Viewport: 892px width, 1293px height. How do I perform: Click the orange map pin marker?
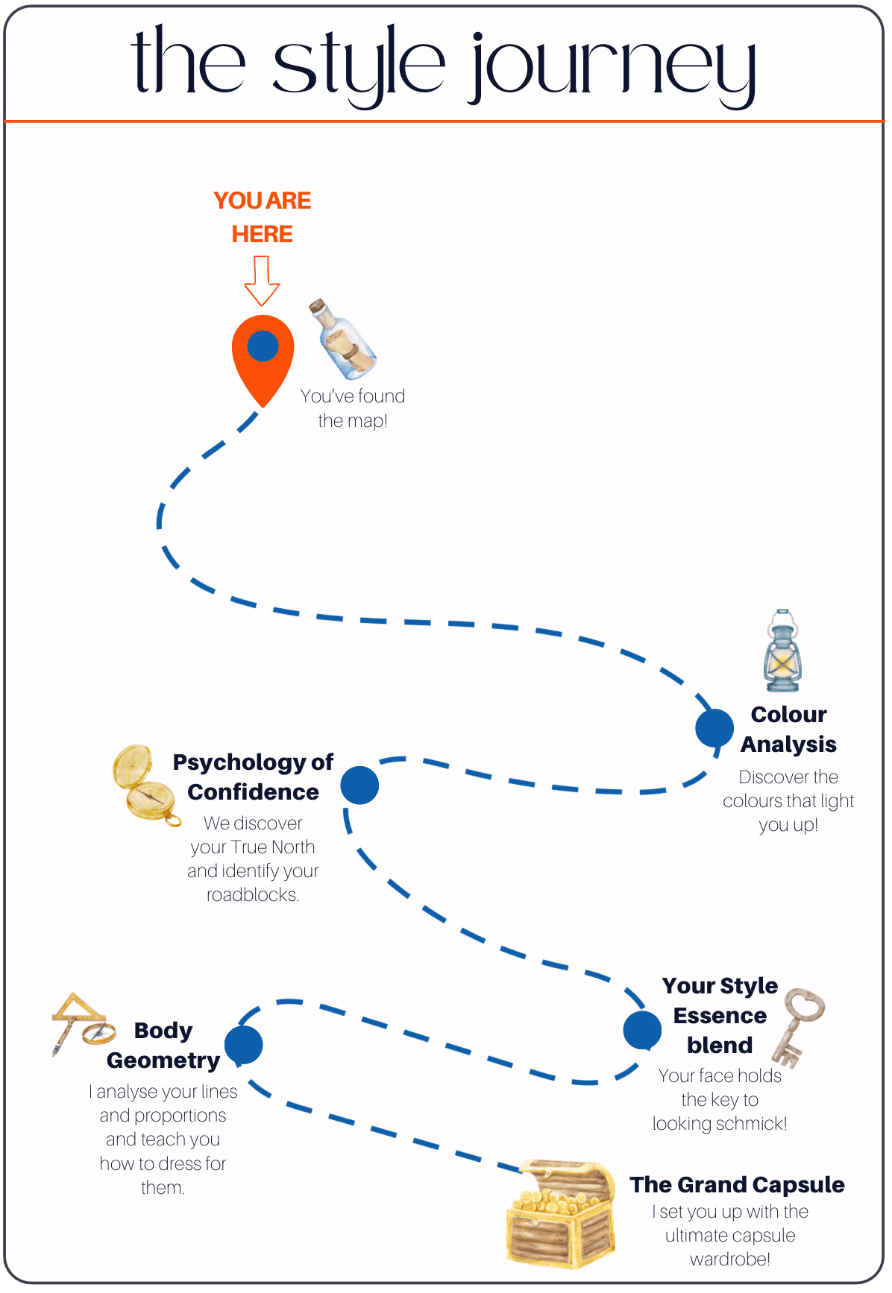point(263,358)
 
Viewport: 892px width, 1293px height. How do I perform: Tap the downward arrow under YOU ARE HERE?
point(262,281)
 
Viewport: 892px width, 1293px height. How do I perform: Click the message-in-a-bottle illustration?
point(344,340)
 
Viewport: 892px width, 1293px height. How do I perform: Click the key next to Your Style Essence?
point(797,1027)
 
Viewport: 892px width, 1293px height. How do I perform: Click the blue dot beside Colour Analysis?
point(714,728)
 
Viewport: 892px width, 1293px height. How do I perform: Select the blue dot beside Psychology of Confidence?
point(359,785)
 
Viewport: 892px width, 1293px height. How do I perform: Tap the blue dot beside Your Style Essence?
point(642,1030)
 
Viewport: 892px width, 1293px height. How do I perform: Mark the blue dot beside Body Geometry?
point(243,1045)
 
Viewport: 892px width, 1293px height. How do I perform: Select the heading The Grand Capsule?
point(737,1184)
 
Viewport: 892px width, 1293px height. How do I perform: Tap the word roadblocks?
point(252,894)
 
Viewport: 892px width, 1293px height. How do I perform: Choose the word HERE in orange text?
point(262,234)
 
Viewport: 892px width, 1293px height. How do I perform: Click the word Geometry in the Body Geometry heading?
point(163,1060)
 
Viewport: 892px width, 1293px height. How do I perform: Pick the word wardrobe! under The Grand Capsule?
point(729,1259)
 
